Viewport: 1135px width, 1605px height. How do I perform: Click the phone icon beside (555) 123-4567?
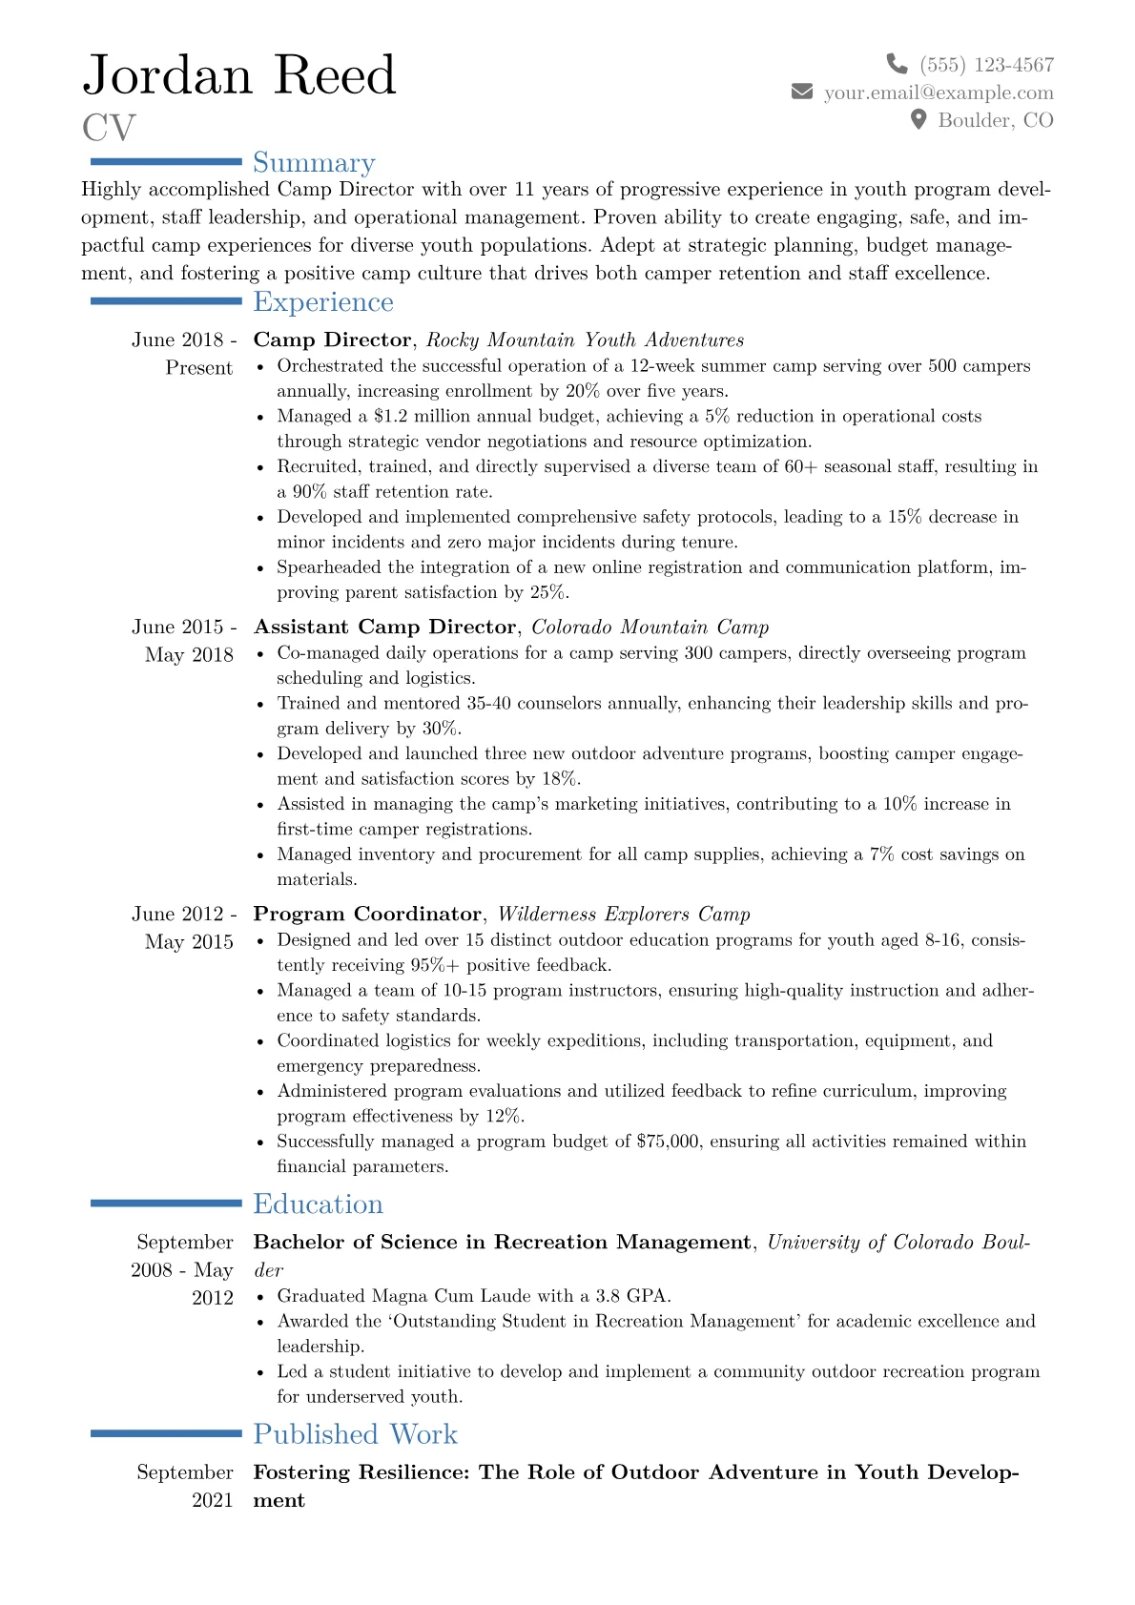[897, 64]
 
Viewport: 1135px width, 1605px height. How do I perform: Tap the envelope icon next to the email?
[802, 92]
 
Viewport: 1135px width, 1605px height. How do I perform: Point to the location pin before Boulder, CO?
[918, 119]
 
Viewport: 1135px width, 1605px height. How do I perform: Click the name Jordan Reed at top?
[239, 75]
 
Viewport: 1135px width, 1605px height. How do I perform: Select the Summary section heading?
[314, 163]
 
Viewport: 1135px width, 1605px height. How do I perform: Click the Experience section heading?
[323, 302]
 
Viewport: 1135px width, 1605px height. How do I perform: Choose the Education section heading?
[318, 1204]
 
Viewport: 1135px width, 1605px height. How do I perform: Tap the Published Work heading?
[355, 1434]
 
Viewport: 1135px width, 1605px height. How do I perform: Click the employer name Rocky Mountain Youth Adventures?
[585, 340]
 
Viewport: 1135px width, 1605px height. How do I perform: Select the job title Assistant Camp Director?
[384, 628]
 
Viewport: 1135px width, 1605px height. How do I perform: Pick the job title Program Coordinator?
[367, 915]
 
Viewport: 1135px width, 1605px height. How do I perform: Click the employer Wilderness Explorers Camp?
[624, 915]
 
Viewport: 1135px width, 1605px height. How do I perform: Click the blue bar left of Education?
[166, 1204]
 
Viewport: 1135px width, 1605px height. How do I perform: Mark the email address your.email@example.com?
[939, 93]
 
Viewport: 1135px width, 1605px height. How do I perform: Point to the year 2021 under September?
[212, 1500]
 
